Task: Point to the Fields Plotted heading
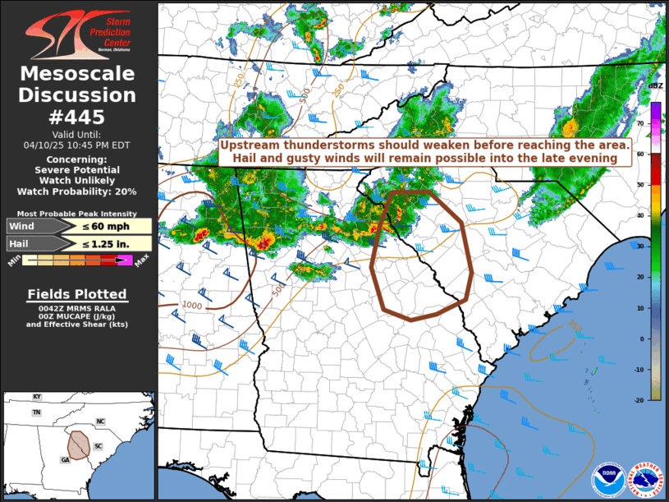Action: (x=77, y=294)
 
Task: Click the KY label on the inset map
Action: (x=36, y=397)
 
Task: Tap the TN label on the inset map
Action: (x=36, y=412)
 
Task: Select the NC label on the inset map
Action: (x=100, y=421)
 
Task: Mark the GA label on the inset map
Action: (x=65, y=460)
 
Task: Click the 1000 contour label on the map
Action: (x=192, y=306)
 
